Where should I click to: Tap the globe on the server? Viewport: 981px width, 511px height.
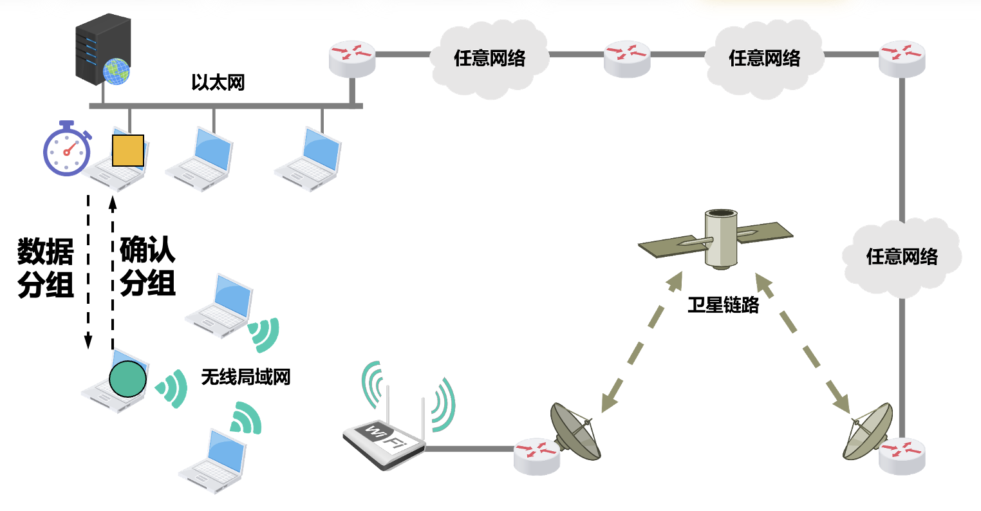click(117, 71)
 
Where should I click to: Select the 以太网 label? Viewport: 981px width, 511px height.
click(218, 83)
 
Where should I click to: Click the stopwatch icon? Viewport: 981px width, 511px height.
click(66, 149)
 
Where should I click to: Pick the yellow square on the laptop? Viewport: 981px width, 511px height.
click(127, 151)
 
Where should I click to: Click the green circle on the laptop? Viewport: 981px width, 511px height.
click(127, 378)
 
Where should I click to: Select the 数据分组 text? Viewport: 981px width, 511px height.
click(45, 268)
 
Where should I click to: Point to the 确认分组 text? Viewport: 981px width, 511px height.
click(148, 266)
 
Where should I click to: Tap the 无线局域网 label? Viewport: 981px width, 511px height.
click(245, 376)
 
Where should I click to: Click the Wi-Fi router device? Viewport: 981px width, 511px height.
click(384, 440)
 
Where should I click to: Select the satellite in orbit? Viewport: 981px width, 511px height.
click(716, 239)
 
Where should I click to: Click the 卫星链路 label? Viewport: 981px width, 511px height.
click(723, 304)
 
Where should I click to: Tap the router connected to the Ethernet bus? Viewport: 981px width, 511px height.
click(351, 57)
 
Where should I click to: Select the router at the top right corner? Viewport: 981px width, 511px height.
click(902, 57)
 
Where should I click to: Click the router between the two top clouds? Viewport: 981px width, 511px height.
click(626, 58)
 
